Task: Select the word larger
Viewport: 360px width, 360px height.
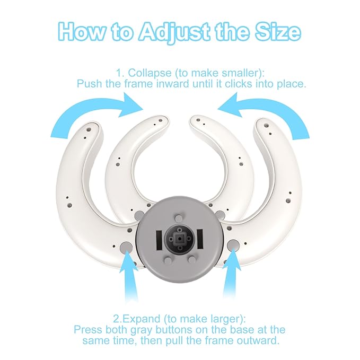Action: [228, 320]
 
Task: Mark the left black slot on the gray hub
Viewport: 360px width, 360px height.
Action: [159, 240]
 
